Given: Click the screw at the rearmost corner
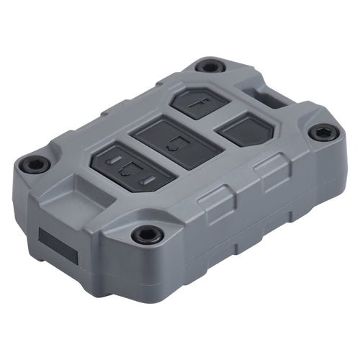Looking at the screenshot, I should coord(210,66).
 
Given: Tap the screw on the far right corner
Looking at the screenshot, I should coord(322,132).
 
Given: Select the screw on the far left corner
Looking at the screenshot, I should coord(34,163).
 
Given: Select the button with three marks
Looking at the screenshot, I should coord(128,169).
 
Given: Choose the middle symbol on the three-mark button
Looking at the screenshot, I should coord(127,171).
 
